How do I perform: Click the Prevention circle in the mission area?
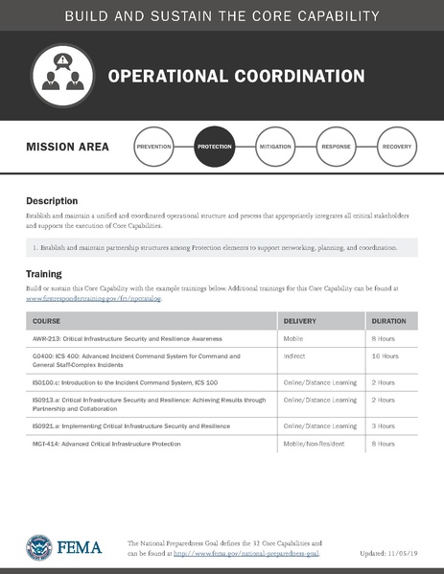pos(153,148)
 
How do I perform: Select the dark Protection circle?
pos(214,148)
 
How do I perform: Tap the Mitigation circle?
pos(275,148)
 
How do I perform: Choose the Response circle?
pos(336,148)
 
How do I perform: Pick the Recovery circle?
pos(397,148)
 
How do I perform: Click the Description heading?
pos(52,201)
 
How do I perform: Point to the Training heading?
pos(44,274)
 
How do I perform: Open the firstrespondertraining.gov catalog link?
pos(94,298)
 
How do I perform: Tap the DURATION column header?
pos(388,321)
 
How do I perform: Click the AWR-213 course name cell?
pos(122,339)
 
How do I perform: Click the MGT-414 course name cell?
pos(106,445)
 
